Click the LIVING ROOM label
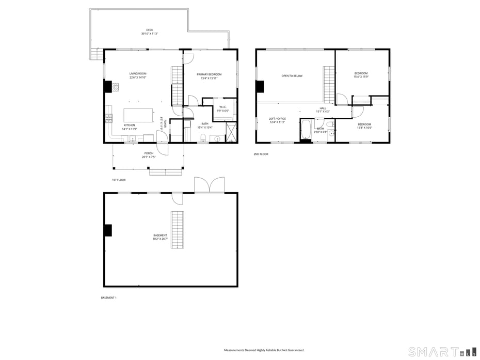pos(138,73)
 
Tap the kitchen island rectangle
pos(138,115)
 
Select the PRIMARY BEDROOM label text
pos(209,74)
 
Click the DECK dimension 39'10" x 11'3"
pos(149,34)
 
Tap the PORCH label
pos(149,153)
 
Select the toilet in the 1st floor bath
pos(203,137)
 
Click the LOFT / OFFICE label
pos(277,119)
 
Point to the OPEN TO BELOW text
pos(292,76)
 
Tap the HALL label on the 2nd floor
pos(323,108)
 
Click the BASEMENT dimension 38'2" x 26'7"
pos(160,239)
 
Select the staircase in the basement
pos(178,229)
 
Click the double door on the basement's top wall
pos(209,185)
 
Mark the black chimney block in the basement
pos(108,230)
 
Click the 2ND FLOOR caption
pos(261,154)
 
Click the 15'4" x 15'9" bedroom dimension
pos(361,77)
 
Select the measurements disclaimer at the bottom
pos(264,350)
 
